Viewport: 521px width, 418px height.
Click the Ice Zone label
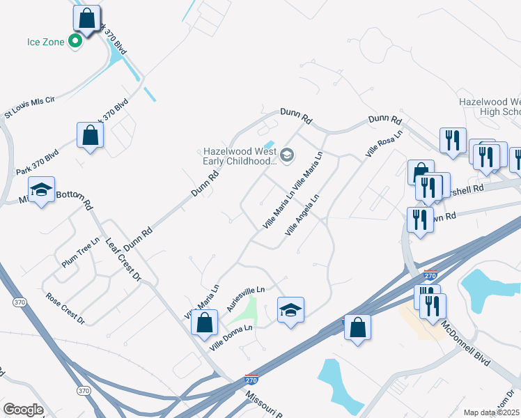(46, 42)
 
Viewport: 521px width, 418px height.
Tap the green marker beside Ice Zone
(76, 42)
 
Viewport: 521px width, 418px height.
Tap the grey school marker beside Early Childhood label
(287, 154)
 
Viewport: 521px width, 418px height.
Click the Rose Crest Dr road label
(65, 307)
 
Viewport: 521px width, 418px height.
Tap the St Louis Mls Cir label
(29, 107)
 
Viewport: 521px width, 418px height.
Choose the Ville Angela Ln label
(302, 214)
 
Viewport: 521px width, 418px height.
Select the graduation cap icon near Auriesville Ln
(291, 309)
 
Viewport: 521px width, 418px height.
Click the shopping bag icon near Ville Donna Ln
(203, 323)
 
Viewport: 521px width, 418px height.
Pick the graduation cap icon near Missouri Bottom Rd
(41, 189)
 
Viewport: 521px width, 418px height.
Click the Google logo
(24, 410)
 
